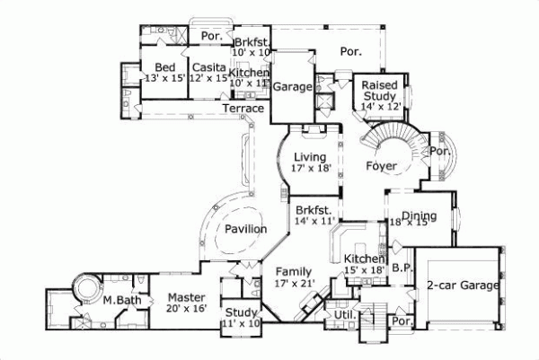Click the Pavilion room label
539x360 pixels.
click(x=244, y=229)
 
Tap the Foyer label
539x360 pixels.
click(x=383, y=167)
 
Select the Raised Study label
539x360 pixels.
click(x=380, y=91)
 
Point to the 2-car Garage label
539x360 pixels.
click(x=463, y=286)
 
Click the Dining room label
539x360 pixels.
click(x=419, y=215)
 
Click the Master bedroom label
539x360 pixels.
click(x=187, y=297)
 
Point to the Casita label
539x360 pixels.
click(x=208, y=67)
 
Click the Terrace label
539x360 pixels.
click(x=243, y=109)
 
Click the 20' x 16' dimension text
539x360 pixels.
click(x=187, y=309)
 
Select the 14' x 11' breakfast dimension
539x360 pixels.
click(x=314, y=219)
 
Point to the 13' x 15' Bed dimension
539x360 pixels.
click(x=164, y=79)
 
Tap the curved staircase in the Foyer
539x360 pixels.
click(x=393, y=140)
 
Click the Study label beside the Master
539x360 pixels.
click(x=241, y=312)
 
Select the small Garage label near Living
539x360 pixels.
click(x=292, y=88)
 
